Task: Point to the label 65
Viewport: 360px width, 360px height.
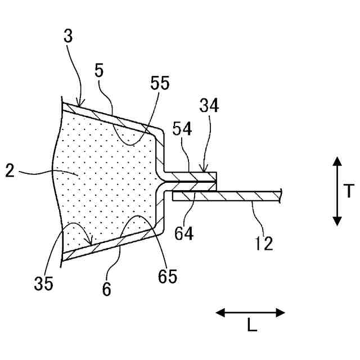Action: [x=167, y=276]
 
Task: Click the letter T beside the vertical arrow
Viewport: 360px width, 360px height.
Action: [x=349, y=191]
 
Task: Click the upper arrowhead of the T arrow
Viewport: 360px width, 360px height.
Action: [x=337, y=161]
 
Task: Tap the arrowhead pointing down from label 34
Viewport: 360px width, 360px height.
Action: [x=208, y=171]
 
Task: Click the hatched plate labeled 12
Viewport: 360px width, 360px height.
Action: [x=236, y=196]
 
